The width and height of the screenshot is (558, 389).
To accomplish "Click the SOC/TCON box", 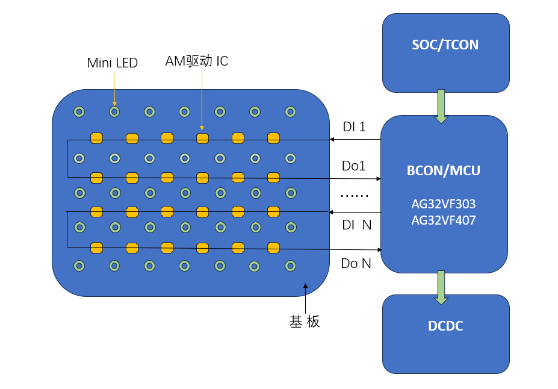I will point(445,52).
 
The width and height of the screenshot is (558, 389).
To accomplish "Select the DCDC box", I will point(445,334).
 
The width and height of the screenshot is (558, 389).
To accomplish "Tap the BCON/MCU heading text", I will point(444,170).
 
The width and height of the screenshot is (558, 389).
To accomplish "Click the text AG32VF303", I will point(444,204).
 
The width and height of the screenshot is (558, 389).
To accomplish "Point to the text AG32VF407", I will point(444,220).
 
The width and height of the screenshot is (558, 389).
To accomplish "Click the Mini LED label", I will point(113,63).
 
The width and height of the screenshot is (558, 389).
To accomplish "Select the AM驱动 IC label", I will point(197,61).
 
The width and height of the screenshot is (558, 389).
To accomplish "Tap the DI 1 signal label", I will point(354,127).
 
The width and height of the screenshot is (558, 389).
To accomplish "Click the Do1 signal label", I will point(354,166).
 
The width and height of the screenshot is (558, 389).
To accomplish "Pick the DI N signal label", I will point(356,225).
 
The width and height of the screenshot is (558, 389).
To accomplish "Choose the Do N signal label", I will point(356,263).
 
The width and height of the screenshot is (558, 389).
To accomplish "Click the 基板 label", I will point(305,322).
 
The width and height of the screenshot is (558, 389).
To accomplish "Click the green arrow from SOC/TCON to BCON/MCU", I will point(441,106).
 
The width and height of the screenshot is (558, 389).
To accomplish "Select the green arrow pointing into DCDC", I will point(441,287).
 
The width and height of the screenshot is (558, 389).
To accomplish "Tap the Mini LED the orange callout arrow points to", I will point(114,111).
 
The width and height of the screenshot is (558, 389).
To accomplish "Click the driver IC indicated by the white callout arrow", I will point(202,138).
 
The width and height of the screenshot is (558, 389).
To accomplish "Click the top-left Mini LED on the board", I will point(79,111).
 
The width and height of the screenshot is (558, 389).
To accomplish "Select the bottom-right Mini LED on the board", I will point(291,266).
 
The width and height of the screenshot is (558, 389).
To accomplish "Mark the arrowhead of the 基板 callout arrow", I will point(306,286).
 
